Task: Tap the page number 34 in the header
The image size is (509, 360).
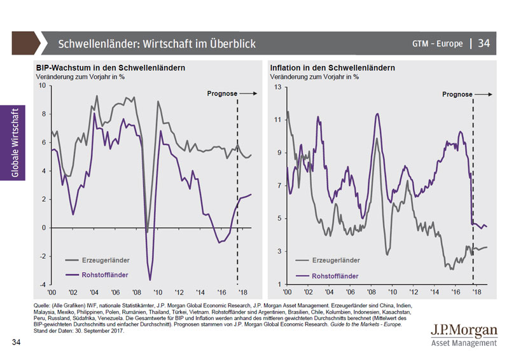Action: coord(484,44)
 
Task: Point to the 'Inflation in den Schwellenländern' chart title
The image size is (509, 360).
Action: coord(332,68)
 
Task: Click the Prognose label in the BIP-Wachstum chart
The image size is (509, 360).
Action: coord(222,93)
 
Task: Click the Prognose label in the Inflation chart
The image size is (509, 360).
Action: coord(457,94)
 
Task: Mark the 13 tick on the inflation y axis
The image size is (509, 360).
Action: coord(277,86)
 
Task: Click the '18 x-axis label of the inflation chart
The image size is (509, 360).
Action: coord(474,291)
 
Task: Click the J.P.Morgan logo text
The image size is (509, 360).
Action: coord(464,331)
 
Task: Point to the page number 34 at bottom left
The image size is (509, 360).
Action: coord(17,343)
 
